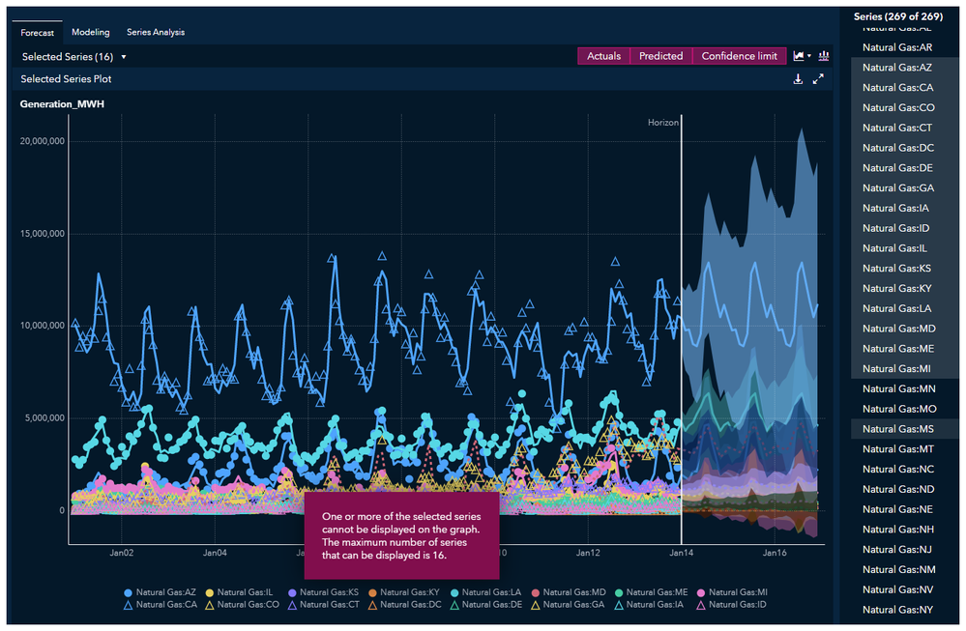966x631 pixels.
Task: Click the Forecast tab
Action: (x=38, y=33)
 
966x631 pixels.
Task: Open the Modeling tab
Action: (x=91, y=33)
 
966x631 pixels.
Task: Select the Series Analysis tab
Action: (x=155, y=33)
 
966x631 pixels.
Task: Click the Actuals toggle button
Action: (x=604, y=56)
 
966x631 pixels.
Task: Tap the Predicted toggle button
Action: (x=661, y=56)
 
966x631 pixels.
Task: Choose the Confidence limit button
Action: (x=739, y=56)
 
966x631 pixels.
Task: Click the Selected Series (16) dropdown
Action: (x=73, y=57)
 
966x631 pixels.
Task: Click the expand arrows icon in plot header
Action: (x=818, y=79)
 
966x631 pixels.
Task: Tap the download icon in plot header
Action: (x=798, y=79)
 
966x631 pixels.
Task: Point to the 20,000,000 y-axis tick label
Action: (x=42, y=141)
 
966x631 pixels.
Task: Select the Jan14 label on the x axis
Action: (x=682, y=554)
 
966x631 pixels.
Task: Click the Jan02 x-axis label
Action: (x=121, y=554)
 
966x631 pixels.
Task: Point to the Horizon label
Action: (x=662, y=123)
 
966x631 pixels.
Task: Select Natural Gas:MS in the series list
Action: (x=897, y=429)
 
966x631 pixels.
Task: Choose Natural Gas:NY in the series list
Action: (x=897, y=610)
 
